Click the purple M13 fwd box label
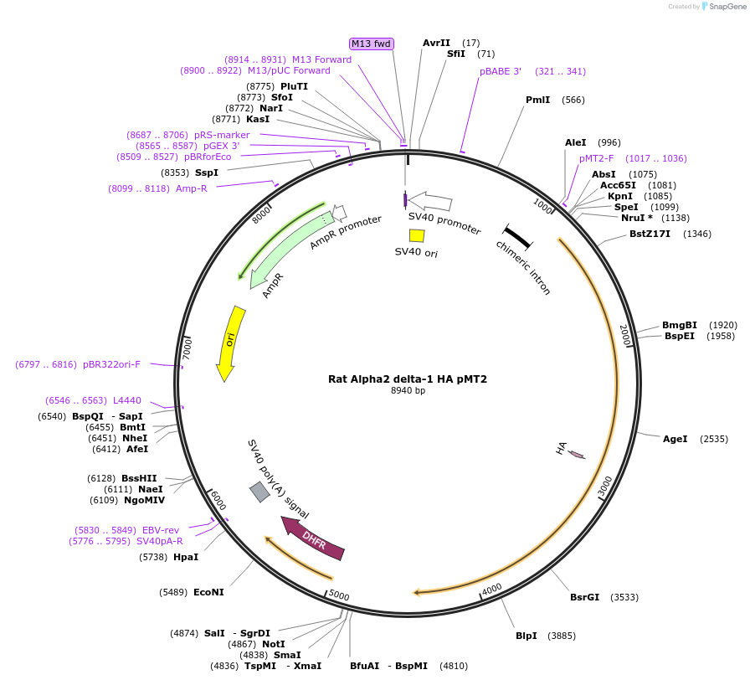(x=372, y=44)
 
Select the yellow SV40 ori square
(x=404, y=235)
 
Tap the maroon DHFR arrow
(x=314, y=539)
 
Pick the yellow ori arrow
(x=230, y=343)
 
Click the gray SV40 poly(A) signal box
(x=259, y=492)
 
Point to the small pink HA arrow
(x=576, y=454)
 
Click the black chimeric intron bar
(x=517, y=237)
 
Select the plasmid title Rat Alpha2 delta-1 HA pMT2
(x=408, y=379)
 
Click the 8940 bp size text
(x=408, y=390)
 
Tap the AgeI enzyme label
(x=675, y=438)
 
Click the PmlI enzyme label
(x=537, y=100)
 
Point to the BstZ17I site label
(x=650, y=234)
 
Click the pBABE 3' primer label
(x=501, y=71)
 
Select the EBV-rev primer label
(x=162, y=530)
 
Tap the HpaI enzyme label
(x=186, y=556)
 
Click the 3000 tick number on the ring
(x=607, y=486)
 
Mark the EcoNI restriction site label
(x=208, y=592)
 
